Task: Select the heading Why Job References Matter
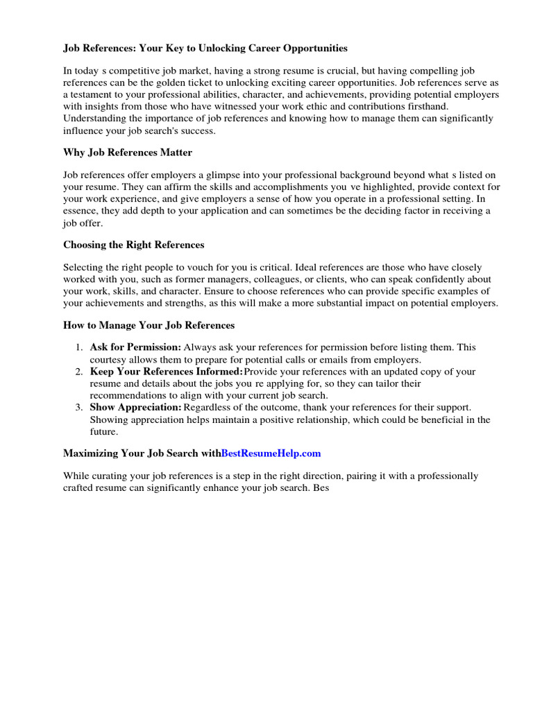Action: coord(128,152)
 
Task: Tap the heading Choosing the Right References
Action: coord(133,245)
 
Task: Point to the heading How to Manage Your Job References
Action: coord(149,324)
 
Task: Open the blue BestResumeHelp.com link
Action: coord(271,453)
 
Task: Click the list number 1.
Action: coord(80,347)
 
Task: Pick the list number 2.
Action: coord(80,372)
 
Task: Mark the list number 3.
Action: coord(80,406)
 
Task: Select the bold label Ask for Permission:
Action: coord(135,347)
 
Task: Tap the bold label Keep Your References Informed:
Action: coord(167,372)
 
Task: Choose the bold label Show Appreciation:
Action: coord(136,406)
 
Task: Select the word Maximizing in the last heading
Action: coord(92,453)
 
